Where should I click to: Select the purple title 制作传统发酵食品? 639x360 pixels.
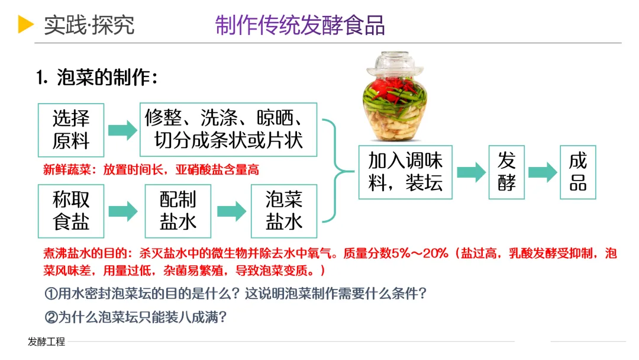click(x=300, y=25)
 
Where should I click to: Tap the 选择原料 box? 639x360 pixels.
click(x=71, y=130)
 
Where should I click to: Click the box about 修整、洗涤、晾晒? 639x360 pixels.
click(x=228, y=129)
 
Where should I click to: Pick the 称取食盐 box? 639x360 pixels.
click(x=71, y=211)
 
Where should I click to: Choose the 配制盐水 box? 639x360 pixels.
click(x=178, y=211)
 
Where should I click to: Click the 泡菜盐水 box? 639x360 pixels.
click(x=284, y=211)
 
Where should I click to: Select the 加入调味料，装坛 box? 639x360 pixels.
click(x=405, y=172)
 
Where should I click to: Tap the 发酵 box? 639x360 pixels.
click(x=506, y=172)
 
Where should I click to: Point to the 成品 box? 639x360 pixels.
click(x=577, y=172)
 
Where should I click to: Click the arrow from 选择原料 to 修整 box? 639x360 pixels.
click(x=122, y=130)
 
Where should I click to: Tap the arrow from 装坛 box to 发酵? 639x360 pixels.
click(x=471, y=172)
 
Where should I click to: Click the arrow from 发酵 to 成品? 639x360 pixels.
click(x=543, y=172)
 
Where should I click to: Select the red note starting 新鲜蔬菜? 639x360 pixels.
click(x=151, y=170)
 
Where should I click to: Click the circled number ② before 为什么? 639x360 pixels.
click(x=51, y=317)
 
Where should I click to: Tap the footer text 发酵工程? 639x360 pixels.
click(x=46, y=342)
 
